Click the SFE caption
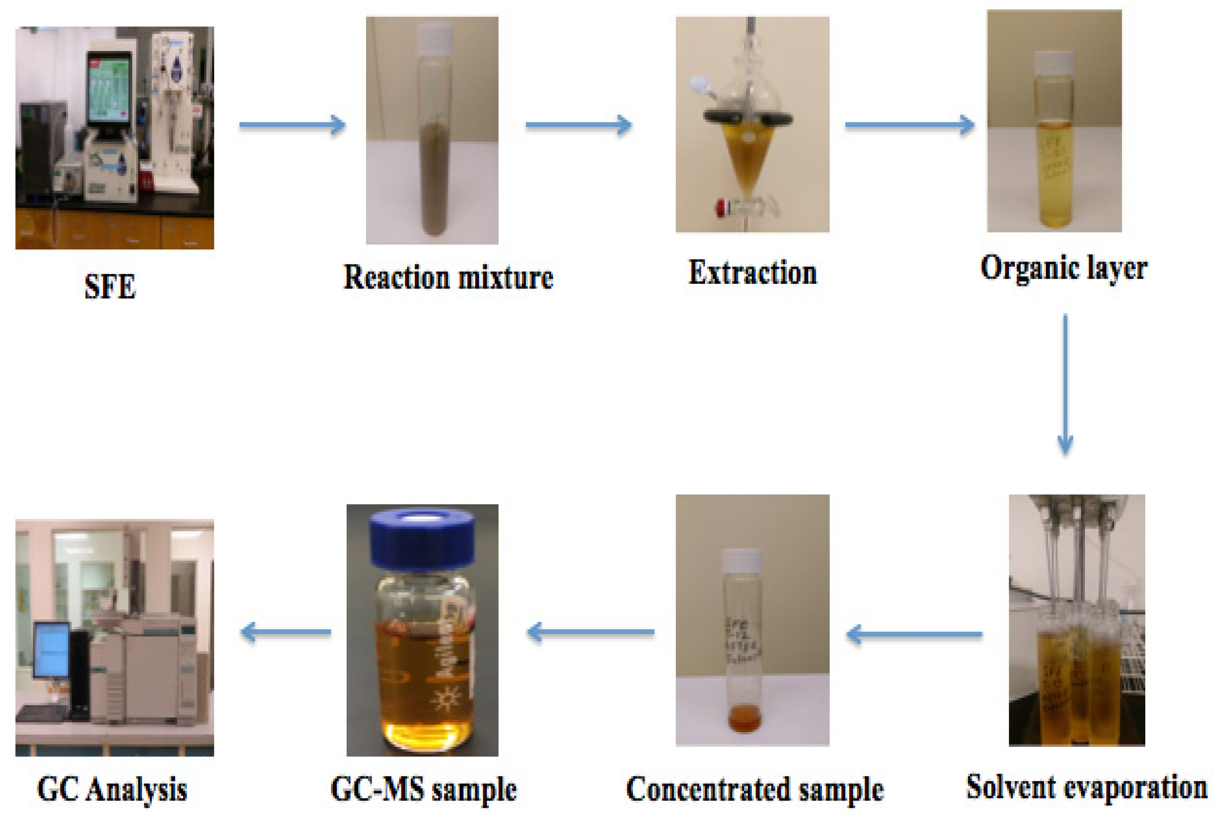point(110,286)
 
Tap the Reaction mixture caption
point(448,277)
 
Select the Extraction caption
point(752,273)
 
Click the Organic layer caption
point(1064,269)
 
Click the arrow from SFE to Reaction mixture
point(292,125)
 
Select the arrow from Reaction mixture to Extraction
point(578,125)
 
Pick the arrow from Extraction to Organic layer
point(909,125)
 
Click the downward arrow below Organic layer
point(1065,384)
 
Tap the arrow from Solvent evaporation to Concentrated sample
point(914,635)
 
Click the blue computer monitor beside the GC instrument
point(51,649)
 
